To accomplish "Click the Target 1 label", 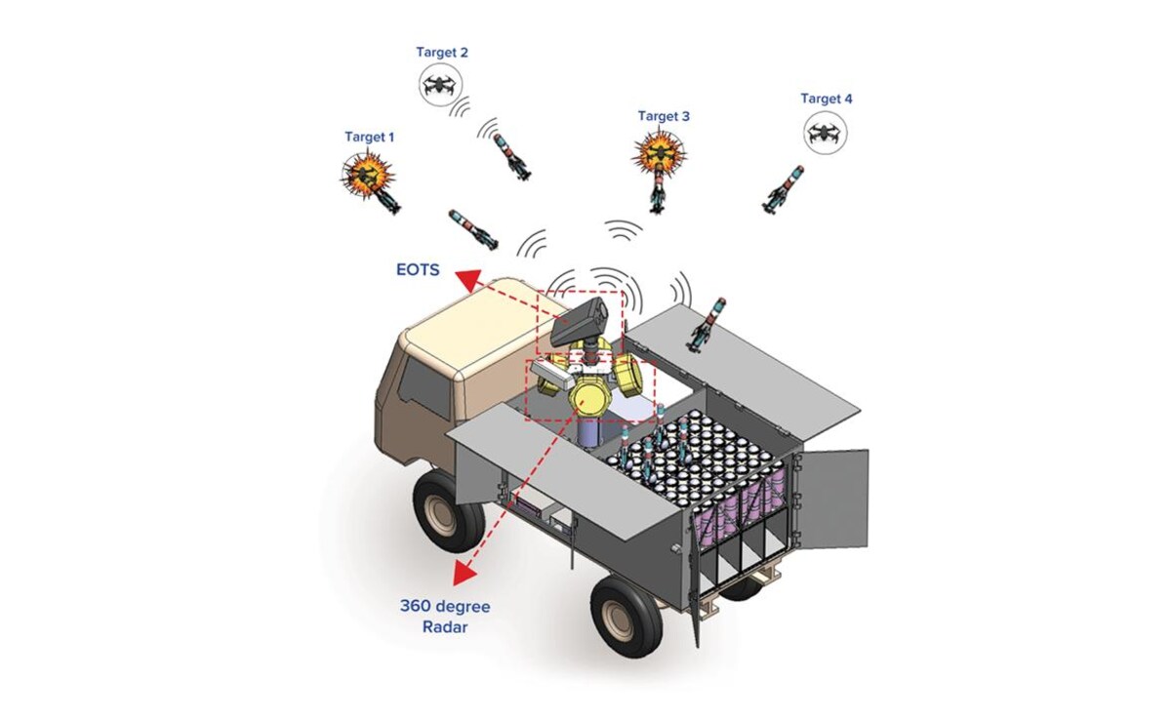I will (x=370, y=138).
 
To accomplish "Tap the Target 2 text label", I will (x=443, y=53).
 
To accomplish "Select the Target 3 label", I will (x=664, y=116).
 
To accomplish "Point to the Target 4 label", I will (x=826, y=99).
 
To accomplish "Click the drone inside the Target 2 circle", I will (x=442, y=86).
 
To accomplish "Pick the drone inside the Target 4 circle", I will (x=826, y=131).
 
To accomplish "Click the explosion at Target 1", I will (x=367, y=175).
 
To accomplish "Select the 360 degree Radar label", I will (x=445, y=616).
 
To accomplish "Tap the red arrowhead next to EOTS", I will (x=468, y=281).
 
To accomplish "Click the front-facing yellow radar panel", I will (x=591, y=394).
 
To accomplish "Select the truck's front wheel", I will (x=450, y=508).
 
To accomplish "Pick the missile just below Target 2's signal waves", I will (x=511, y=152).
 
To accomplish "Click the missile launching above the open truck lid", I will (x=709, y=324).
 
